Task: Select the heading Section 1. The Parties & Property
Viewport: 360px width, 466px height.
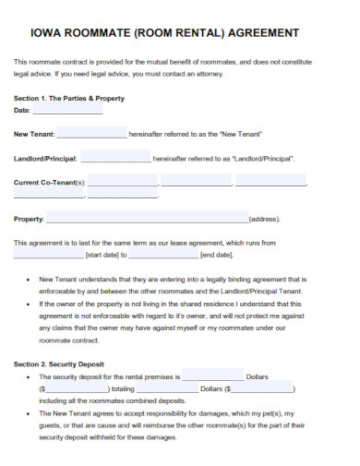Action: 68,98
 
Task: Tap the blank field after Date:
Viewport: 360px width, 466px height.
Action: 67,109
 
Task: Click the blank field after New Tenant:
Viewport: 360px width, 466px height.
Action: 91,133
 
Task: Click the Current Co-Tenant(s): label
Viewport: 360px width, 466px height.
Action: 50,182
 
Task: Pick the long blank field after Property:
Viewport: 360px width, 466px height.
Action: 147,219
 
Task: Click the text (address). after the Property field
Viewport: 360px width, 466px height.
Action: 265,220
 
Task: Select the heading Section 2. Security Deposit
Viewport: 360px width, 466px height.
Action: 59,364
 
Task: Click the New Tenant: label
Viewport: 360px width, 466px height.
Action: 34,134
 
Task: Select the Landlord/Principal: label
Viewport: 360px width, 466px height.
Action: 45,158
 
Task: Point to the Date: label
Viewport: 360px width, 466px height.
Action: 23,110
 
